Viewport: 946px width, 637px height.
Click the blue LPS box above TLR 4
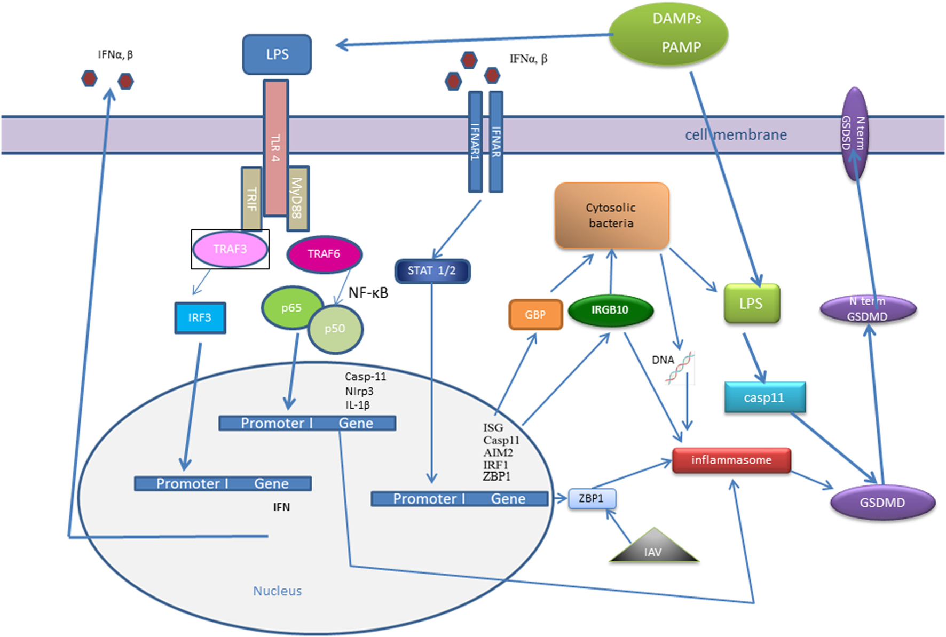coord(277,54)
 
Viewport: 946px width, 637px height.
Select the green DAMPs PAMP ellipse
coord(668,34)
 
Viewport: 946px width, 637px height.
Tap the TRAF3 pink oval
coord(230,249)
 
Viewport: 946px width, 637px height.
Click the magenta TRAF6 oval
coord(324,254)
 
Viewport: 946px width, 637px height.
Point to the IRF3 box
coord(200,318)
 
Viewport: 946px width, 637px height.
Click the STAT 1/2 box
coord(432,271)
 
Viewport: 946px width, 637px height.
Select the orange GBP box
coord(535,315)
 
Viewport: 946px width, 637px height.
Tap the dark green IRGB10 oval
coord(610,310)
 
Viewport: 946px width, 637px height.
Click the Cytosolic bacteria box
coord(611,216)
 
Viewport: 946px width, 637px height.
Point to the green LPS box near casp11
coord(751,304)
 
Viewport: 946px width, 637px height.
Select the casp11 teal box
coord(764,398)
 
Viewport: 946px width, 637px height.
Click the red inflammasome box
coord(731,460)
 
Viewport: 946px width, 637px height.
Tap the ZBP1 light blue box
coord(592,499)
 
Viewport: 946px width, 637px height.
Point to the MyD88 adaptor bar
coord(297,198)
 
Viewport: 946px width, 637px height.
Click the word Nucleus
coord(277,591)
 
